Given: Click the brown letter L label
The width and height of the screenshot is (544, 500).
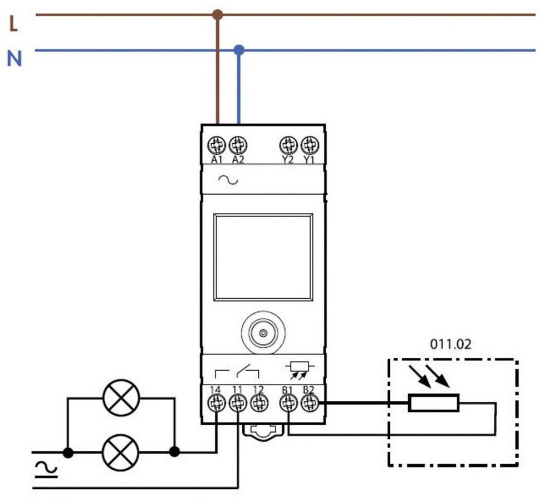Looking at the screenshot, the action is coord(13,24).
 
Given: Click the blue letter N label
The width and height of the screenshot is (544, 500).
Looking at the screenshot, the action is coord(14,59).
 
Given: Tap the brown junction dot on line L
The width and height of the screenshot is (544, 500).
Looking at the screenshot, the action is coord(218,14).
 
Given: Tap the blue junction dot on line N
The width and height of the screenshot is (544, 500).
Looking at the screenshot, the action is coord(239,50).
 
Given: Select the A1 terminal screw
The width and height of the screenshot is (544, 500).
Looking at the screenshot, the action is coord(217,145).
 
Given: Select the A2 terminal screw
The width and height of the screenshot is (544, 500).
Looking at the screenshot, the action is coord(238,145).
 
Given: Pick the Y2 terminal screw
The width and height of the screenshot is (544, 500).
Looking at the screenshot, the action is coord(288,145).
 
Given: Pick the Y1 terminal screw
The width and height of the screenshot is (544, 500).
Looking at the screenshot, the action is coord(310,145).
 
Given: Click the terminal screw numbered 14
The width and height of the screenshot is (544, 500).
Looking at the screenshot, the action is coord(216,403).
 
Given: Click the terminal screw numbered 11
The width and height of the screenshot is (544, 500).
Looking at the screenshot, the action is coord(238,403).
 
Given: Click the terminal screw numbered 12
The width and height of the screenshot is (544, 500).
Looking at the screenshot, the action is coord(259,403).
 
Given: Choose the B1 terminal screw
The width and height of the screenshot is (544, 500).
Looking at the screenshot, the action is coord(288,403).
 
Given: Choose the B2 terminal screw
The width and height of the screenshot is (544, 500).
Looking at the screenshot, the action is coord(310,403).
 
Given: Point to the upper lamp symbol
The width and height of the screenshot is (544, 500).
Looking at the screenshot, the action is coord(121,397).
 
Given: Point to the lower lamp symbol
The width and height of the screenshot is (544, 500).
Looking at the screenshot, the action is coord(120,452).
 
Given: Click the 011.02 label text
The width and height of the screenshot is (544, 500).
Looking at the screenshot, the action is coord(450,344).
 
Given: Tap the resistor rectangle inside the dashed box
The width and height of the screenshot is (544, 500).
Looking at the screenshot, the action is coord(434,403).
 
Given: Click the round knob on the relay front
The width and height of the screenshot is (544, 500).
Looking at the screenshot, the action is coord(263,333).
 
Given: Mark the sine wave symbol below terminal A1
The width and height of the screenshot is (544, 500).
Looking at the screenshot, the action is coord(228,180).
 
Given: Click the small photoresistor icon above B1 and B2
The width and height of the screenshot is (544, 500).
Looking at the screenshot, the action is coord(300,370).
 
